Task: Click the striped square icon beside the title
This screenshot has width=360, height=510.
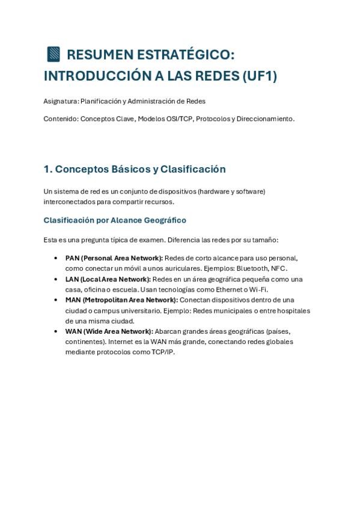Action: [53, 54]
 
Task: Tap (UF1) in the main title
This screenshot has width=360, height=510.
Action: [259, 76]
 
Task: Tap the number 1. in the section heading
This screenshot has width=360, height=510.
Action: [47, 169]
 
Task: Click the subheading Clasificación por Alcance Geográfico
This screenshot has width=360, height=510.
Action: [115, 220]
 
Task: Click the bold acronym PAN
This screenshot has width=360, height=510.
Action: [72, 258]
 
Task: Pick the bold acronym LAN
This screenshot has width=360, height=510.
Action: [72, 279]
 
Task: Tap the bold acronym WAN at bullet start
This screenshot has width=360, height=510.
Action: [73, 331]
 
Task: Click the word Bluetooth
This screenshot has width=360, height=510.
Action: [254, 268]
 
